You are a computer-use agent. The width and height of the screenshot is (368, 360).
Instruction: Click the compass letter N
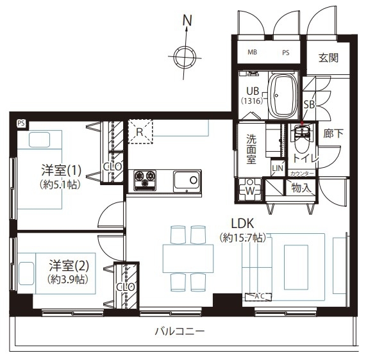[x=187, y=20]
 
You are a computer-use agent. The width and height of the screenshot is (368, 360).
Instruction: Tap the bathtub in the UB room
[x=283, y=95]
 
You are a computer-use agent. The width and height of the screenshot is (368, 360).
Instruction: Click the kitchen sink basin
[x=187, y=181]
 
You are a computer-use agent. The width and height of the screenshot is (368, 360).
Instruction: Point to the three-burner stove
[x=145, y=181]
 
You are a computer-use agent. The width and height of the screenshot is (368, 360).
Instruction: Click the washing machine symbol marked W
[x=250, y=190]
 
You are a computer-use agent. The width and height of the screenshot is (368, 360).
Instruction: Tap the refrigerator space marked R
[x=140, y=131]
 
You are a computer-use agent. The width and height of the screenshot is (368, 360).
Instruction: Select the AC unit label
[x=258, y=297]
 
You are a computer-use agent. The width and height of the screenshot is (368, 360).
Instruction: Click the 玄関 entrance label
[x=328, y=58]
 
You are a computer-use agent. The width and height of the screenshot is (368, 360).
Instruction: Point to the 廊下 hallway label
[x=333, y=134]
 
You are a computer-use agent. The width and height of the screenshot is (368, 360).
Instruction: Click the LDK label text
[x=243, y=224]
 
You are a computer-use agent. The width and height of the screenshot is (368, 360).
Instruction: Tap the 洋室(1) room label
[x=62, y=170]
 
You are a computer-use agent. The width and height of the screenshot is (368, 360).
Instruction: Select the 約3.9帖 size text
[x=68, y=279]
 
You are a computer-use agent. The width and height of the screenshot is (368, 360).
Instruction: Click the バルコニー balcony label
[x=180, y=331]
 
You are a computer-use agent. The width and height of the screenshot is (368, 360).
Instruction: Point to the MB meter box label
[x=253, y=52]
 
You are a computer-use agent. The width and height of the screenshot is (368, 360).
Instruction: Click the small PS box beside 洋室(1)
[x=21, y=124]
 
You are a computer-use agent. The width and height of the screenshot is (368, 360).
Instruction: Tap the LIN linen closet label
[x=278, y=168]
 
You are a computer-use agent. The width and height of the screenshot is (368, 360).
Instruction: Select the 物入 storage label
[x=301, y=188]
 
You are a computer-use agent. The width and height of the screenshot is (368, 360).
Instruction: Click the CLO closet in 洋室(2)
[x=126, y=286]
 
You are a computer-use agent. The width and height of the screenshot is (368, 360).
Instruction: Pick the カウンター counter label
[x=302, y=174]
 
